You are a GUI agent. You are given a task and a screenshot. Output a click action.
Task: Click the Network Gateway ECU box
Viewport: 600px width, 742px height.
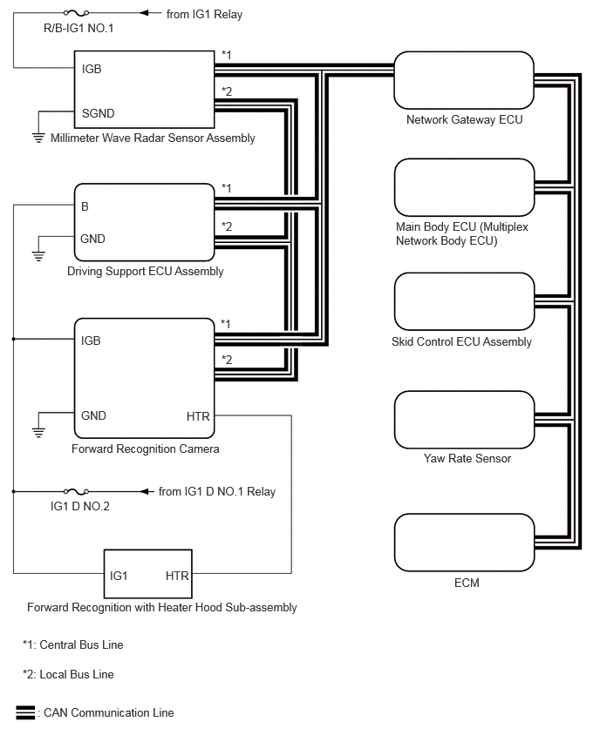pos(464,79)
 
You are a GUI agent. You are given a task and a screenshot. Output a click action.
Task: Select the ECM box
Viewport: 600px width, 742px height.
pos(464,542)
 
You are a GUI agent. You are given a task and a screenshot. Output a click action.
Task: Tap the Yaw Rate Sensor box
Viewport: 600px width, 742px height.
pos(464,420)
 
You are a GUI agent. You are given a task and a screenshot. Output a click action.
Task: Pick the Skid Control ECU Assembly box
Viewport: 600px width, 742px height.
pos(464,301)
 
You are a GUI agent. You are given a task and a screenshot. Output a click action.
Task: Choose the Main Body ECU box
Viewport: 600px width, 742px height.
pos(464,185)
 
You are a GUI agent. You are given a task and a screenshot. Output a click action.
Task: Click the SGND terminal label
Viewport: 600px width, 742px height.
pos(98,113)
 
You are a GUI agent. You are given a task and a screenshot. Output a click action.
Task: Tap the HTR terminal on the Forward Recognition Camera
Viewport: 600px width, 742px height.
pos(198,416)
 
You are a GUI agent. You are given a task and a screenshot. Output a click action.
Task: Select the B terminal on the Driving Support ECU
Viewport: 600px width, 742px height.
pos(85,207)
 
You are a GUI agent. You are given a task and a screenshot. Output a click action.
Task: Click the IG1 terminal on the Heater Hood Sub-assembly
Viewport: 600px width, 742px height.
pos(119,576)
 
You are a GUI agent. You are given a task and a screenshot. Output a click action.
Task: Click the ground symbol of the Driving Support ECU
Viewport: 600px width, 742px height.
pos(37,255)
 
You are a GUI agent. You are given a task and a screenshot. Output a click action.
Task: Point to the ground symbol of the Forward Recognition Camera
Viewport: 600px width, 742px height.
pos(37,432)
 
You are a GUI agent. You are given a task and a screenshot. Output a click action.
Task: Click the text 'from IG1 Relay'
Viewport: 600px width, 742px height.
pos(204,15)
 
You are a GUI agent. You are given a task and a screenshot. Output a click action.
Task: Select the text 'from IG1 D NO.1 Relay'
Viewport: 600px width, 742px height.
pos(217,491)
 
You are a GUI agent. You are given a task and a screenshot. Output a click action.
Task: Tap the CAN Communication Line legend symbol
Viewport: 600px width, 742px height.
pos(25,712)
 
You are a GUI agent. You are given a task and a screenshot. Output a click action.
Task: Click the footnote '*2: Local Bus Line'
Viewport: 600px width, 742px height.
pos(68,674)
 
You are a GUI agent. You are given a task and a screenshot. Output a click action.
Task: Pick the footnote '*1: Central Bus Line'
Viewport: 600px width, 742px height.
pos(73,645)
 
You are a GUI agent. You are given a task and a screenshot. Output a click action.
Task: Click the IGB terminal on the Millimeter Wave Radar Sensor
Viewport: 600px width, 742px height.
pos(92,68)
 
